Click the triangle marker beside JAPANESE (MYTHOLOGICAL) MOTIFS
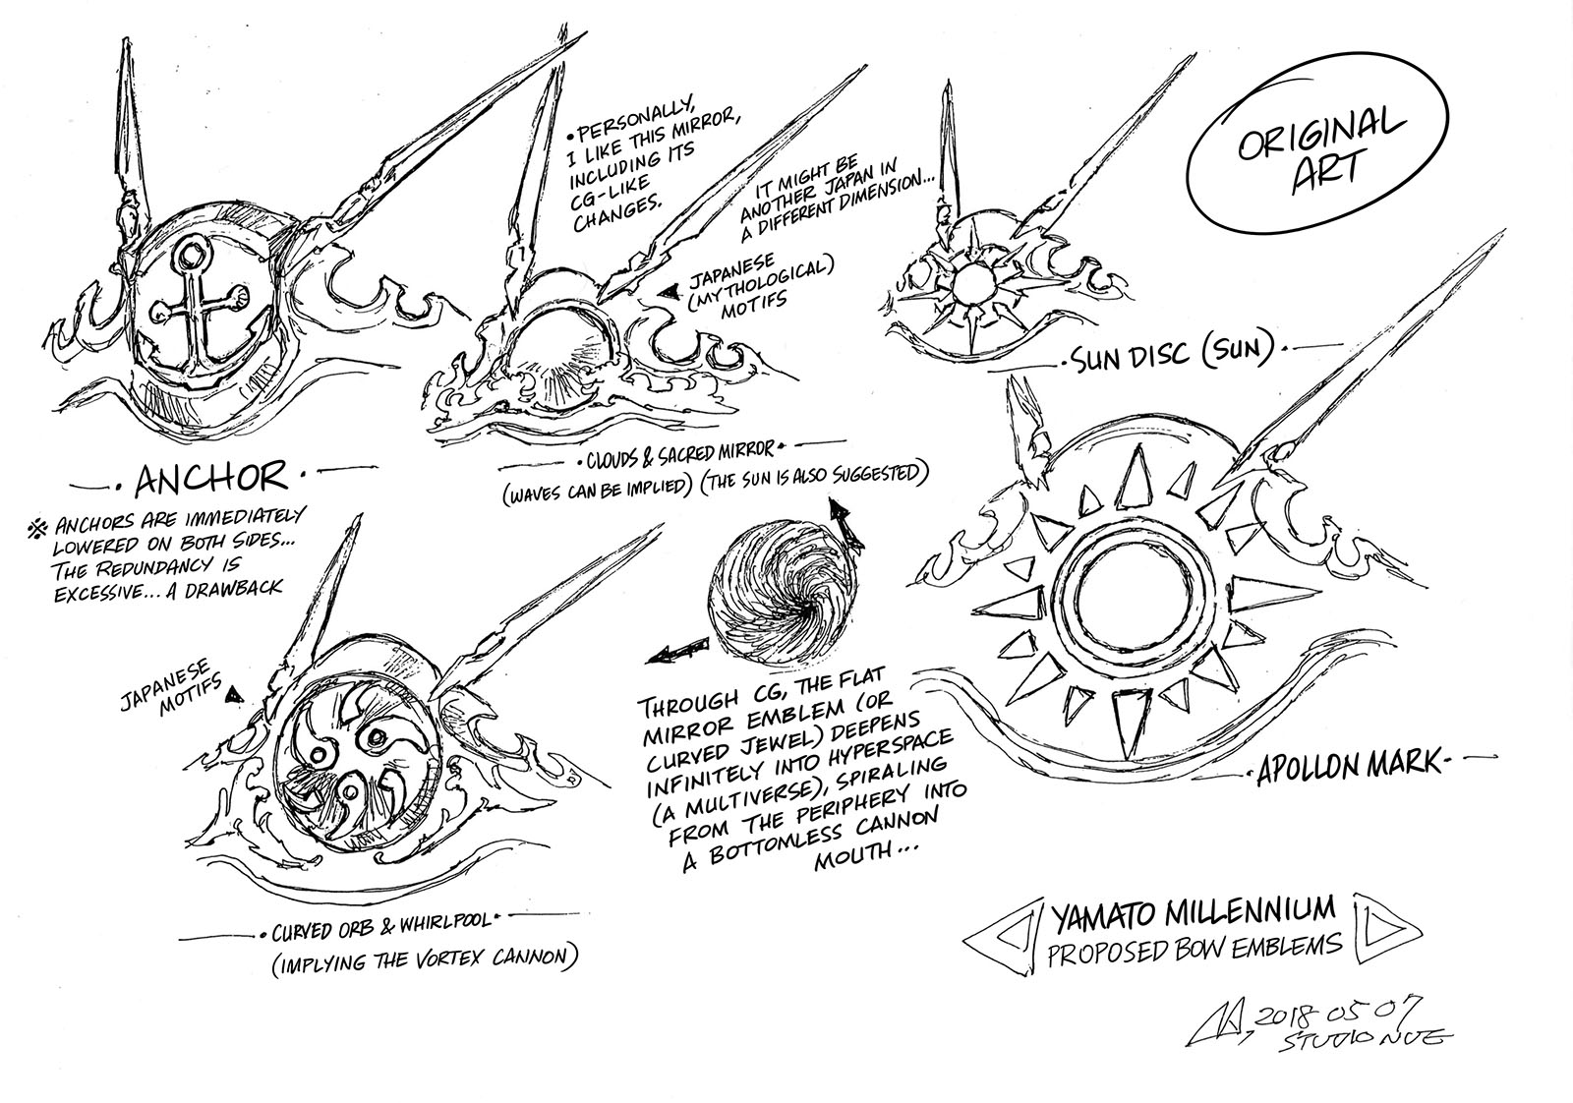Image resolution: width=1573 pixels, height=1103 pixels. coord(671,289)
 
